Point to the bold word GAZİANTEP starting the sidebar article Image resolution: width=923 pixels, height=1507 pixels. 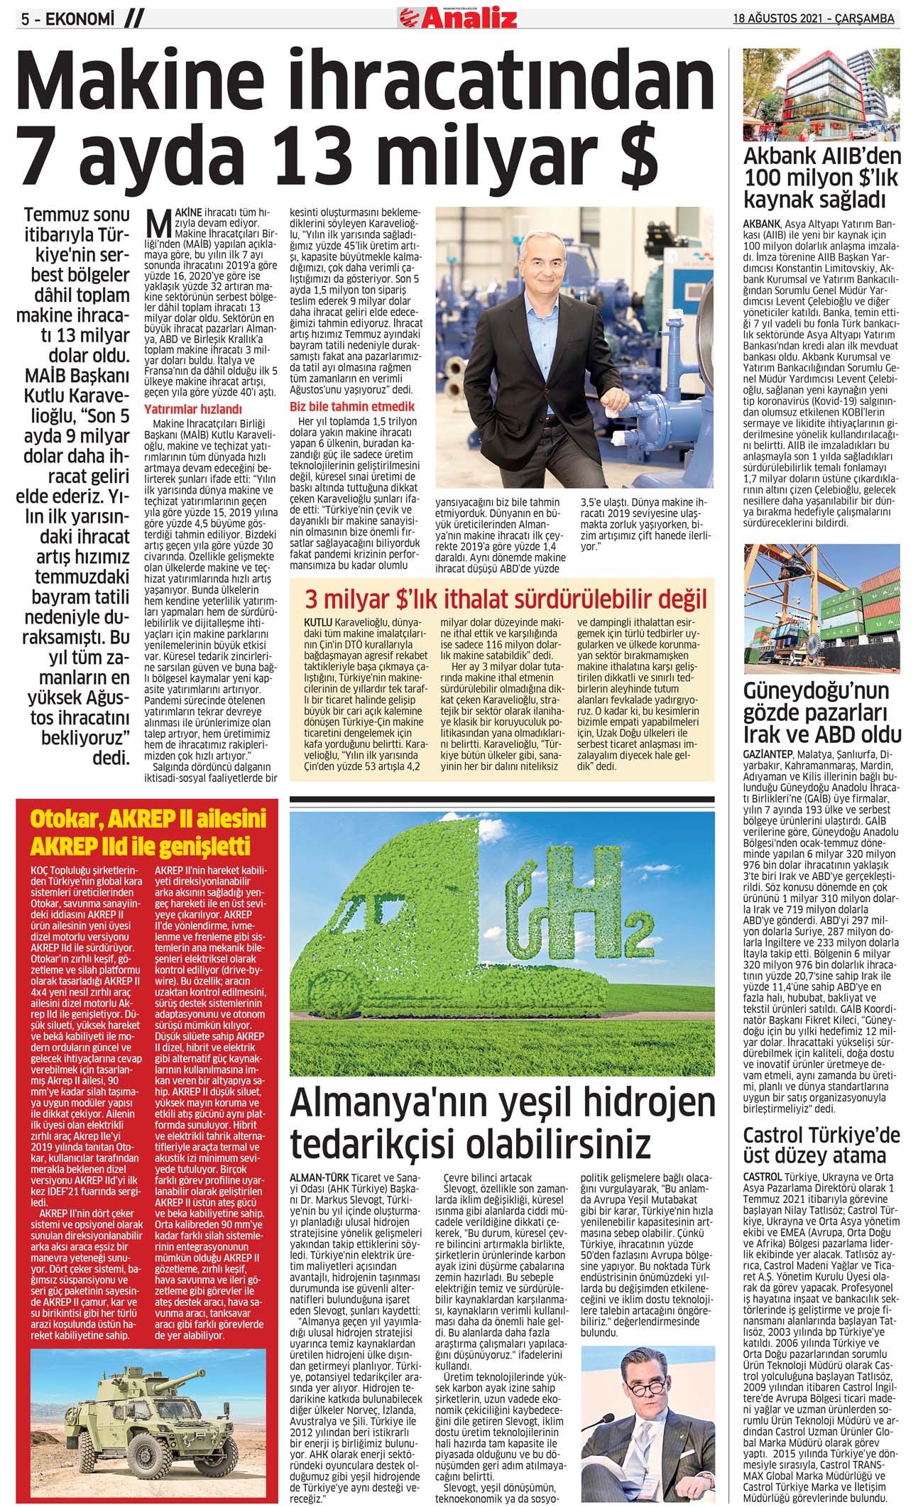[x=768, y=752]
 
